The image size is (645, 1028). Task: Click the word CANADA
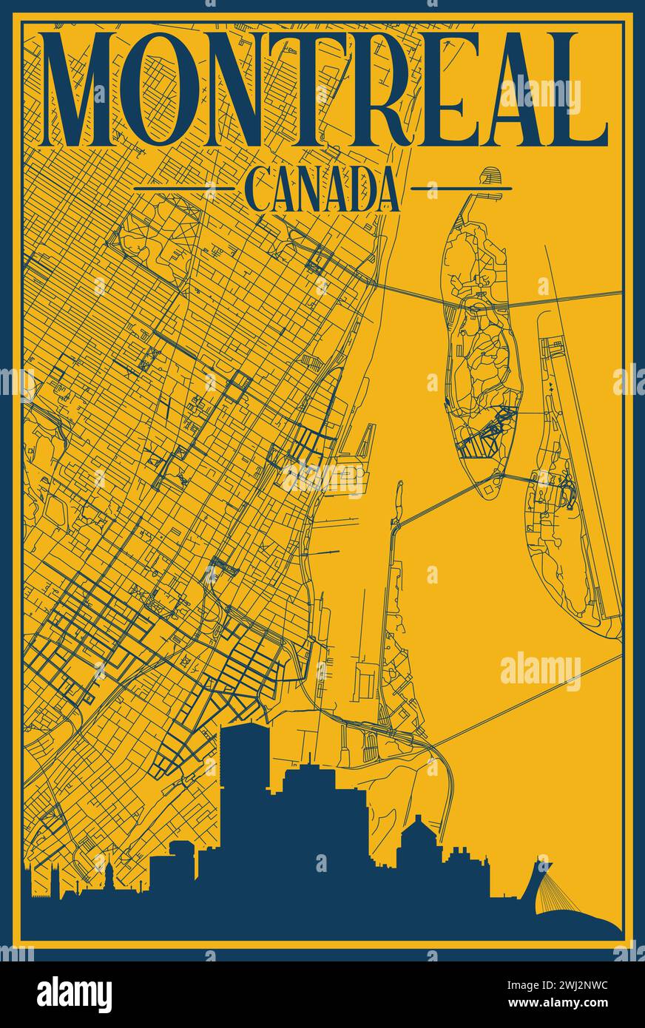point(322,190)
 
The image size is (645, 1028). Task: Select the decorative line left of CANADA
point(185,189)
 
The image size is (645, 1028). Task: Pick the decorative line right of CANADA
point(460,189)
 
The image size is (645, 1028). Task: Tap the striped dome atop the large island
point(489,177)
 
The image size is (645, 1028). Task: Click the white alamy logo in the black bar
point(74,995)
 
